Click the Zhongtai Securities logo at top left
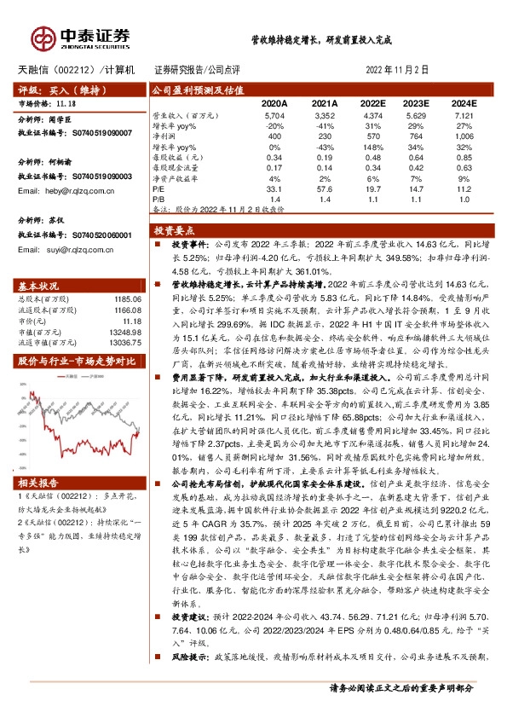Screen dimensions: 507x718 pos(82,37)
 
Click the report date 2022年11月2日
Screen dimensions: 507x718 pos(397,69)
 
